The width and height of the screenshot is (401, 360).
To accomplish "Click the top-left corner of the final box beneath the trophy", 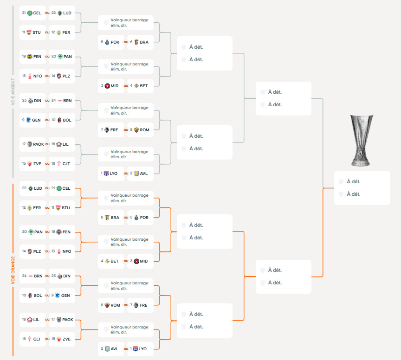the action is (334, 171).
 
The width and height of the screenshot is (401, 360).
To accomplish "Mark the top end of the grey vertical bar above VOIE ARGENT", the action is (13, 6).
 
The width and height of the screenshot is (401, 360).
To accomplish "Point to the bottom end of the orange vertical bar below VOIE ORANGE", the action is (13, 356).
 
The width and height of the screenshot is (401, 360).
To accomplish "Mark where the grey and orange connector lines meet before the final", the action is (323, 188).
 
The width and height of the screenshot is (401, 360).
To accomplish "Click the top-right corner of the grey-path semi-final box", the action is (311, 82).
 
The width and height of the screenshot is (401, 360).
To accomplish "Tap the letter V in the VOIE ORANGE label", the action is (13, 283).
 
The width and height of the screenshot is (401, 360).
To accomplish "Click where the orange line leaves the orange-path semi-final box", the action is (311, 276).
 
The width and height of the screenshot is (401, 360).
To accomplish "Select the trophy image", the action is (361, 141).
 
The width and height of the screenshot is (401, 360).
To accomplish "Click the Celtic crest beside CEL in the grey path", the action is (30, 13).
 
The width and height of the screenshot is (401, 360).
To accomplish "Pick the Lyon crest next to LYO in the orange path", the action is (136, 349).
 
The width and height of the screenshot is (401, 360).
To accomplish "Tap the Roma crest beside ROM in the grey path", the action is (136, 130).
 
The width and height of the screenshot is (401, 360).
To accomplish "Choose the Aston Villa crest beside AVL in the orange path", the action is (107, 349).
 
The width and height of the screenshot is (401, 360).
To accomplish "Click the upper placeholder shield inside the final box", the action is (341, 182).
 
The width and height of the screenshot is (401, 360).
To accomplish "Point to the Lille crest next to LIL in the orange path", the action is (30, 320).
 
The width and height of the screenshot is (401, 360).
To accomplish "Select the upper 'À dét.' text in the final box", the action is (354, 181).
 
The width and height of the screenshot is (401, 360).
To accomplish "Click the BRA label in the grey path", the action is (144, 42).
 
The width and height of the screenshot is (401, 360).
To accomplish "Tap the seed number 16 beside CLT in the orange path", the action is (24, 339).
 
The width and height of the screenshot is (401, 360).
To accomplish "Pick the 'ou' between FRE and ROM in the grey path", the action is (126, 130).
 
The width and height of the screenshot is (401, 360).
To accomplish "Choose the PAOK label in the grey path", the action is (39, 144).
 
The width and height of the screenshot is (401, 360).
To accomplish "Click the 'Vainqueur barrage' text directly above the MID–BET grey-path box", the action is (129, 64).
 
